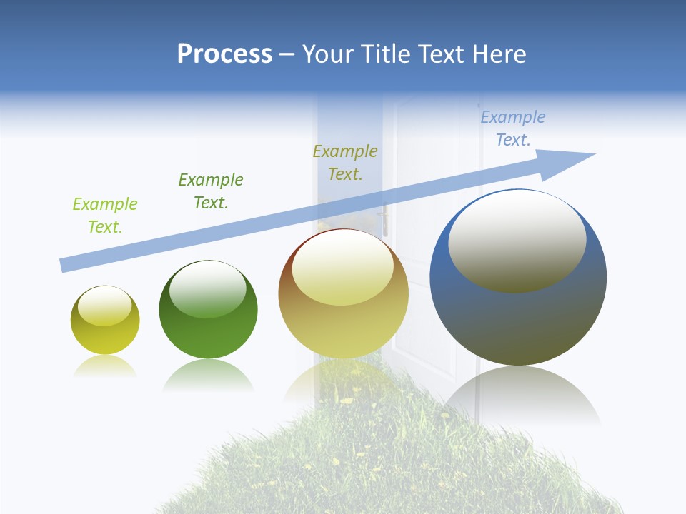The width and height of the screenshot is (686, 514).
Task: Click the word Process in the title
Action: pos(224,54)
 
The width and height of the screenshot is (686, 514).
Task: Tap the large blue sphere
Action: pos(518,321)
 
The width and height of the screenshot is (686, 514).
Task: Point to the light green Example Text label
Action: pos(105,216)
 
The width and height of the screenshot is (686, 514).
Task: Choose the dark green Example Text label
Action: pos(211,191)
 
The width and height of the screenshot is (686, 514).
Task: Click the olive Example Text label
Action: pos(345,163)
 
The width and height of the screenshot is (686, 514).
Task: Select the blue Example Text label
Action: pos(513,128)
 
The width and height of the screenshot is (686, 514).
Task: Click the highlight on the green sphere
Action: pos(208,290)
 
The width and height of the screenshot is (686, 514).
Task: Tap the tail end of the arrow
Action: pos(64,265)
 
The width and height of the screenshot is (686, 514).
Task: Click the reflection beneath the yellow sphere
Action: pos(105,367)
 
